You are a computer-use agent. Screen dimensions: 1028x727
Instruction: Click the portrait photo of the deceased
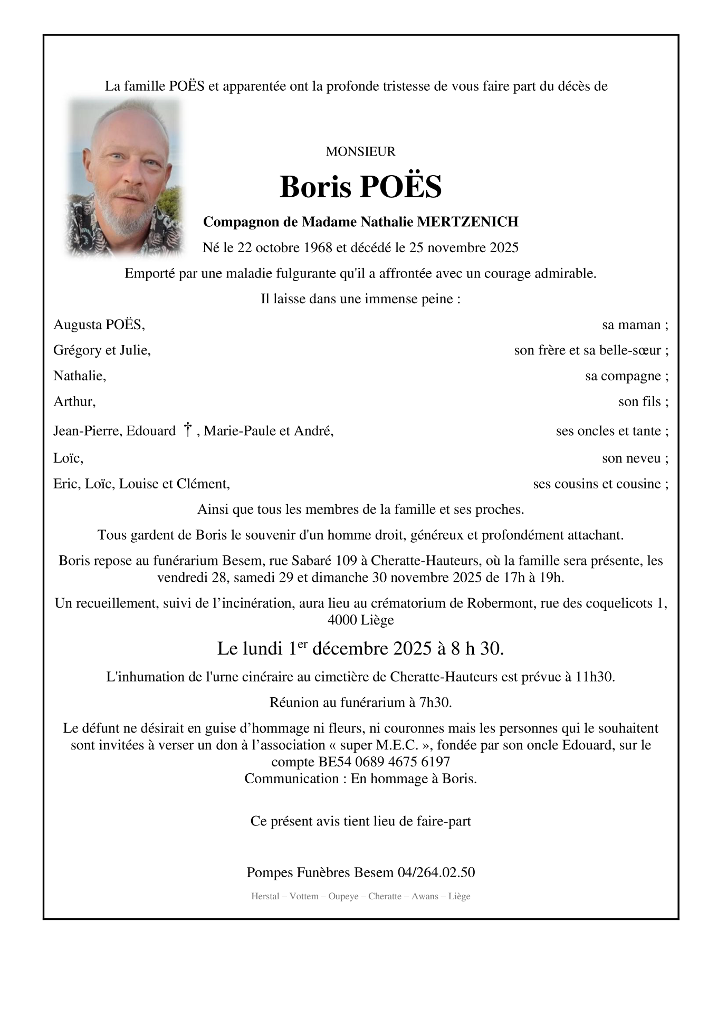coord(125,177)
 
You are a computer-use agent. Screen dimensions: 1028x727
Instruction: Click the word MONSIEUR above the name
coord(360,152)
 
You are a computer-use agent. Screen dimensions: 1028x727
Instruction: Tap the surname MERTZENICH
coord(467,222)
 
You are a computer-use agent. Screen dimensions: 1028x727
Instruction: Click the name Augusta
coord(78,324)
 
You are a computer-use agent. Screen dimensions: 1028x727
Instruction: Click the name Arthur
coord(73,402)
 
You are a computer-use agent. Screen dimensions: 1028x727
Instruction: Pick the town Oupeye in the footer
coord(343,897)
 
